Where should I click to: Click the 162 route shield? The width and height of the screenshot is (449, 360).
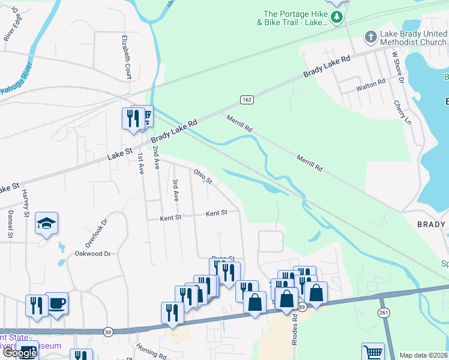point(247,99)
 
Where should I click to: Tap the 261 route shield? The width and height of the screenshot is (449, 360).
point(384,313)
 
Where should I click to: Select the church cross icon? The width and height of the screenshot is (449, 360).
point(370,37)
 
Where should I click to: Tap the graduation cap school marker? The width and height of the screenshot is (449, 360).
point(46,223)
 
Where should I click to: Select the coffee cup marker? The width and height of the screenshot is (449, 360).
point(56,303)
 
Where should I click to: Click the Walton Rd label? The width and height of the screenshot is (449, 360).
point(370,86)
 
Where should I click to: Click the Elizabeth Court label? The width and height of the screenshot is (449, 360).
point(127,56)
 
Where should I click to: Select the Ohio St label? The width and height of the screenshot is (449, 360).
point(203,176)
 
